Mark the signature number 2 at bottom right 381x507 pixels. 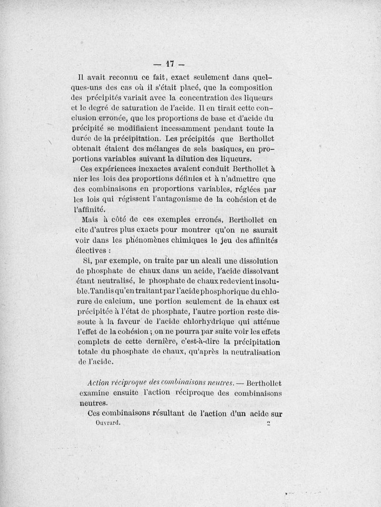click(269, 423)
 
